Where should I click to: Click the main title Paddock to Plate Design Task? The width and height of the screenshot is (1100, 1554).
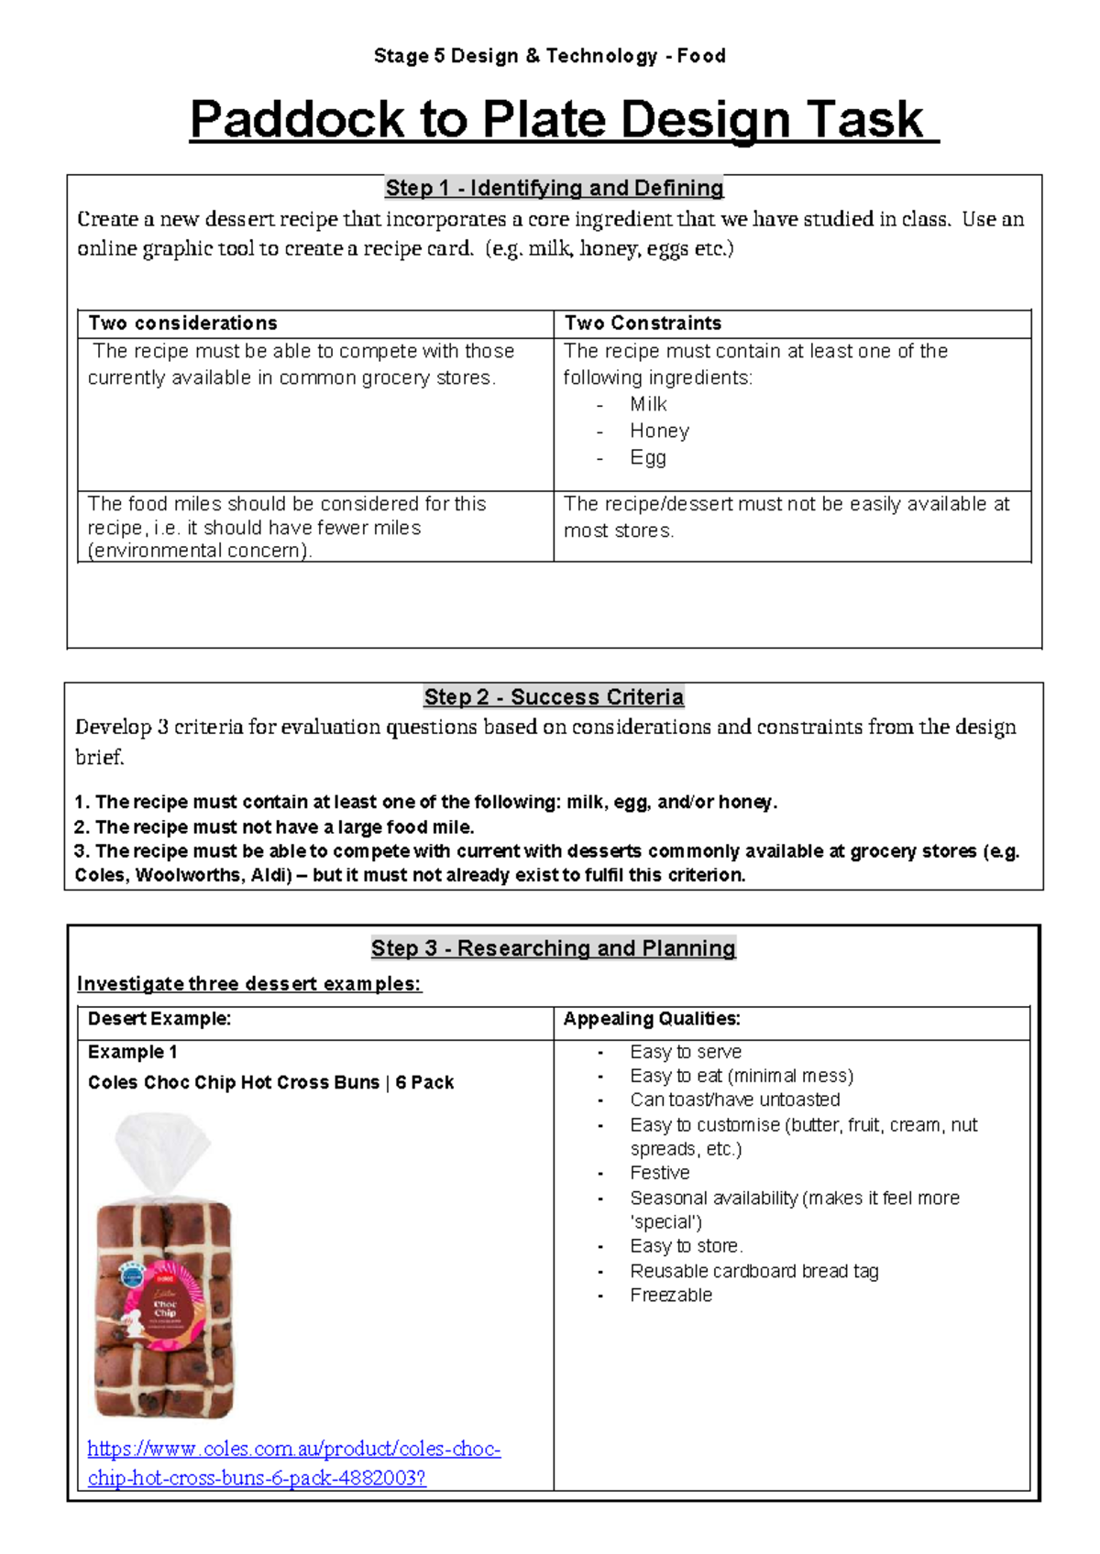[563, 120]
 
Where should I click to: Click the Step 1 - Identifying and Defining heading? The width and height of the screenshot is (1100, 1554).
[554, 188]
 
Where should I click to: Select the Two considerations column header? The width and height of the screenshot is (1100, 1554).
[182, 323]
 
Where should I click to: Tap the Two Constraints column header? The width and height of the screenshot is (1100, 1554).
[643, 323]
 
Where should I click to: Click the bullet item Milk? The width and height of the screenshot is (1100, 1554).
[648, 404]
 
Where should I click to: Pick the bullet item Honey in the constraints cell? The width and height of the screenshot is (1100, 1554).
[659, 431]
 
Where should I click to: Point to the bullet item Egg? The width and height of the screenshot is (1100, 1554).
[647, 457]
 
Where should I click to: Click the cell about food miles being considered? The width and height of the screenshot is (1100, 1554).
[286, 527]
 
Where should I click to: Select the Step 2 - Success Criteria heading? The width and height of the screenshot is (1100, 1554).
[554, 697]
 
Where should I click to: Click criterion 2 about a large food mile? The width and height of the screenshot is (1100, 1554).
[275, 826]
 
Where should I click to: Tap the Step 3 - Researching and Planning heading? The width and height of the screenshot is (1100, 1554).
[553, 948]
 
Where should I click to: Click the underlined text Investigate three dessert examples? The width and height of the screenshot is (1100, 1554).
[248, 984]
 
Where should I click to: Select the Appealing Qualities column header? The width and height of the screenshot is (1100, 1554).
[651, 1019]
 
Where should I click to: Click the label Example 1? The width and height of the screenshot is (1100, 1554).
[132, 1052]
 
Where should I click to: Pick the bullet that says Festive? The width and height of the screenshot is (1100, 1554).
[659, 1173]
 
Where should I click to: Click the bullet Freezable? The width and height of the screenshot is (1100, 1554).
[670, 1295]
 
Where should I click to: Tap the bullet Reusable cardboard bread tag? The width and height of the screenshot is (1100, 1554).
[753, 1271]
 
